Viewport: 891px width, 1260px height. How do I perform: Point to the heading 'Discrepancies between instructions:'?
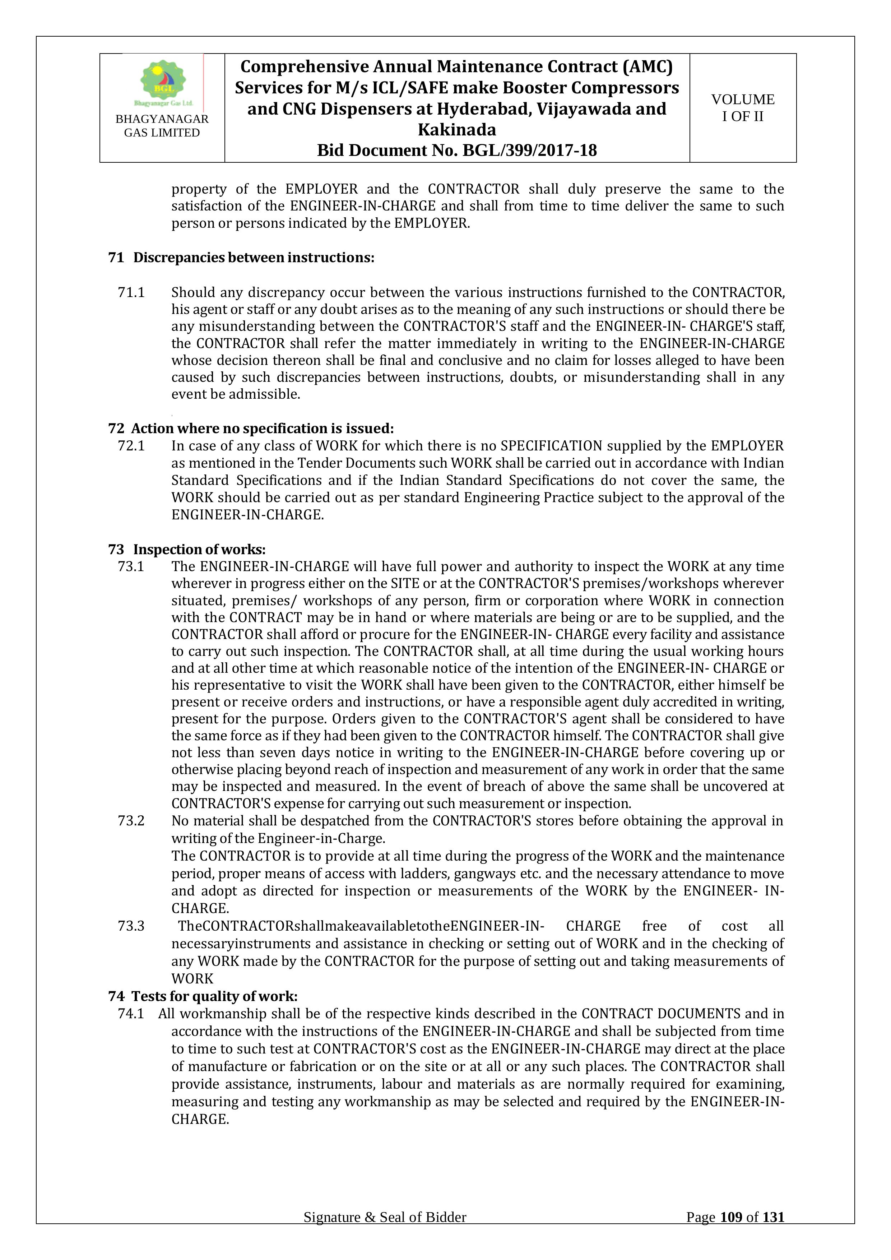coord(254,258)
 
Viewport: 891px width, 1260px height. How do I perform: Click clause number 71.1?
coord(131,292)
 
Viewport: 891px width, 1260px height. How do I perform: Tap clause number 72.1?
coord(131,446)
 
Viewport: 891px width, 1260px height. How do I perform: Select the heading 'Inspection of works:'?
coord(199,549)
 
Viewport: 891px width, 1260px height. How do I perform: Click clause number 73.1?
coord(131,566)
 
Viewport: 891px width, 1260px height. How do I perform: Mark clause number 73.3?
coord(131,926)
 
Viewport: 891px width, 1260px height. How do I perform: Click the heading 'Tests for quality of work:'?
coord(214,996)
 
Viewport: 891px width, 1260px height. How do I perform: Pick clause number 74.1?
coord(131,1014)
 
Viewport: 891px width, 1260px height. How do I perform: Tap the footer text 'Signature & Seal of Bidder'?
coord(385,1233)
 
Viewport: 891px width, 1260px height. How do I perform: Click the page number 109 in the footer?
coord(731,1233)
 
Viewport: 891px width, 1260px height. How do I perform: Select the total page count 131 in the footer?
coord(773,1233)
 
